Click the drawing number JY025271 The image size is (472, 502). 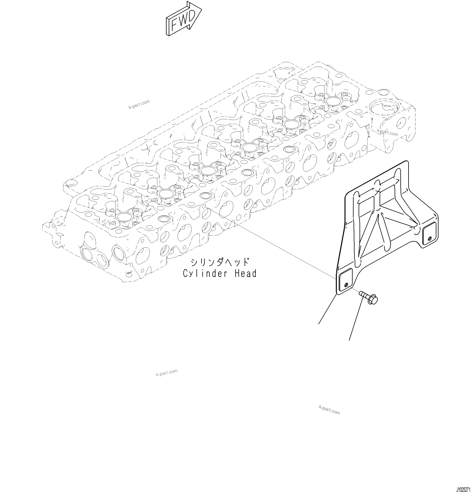tap(463, 497)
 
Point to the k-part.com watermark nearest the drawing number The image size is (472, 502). tap(329, 410)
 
